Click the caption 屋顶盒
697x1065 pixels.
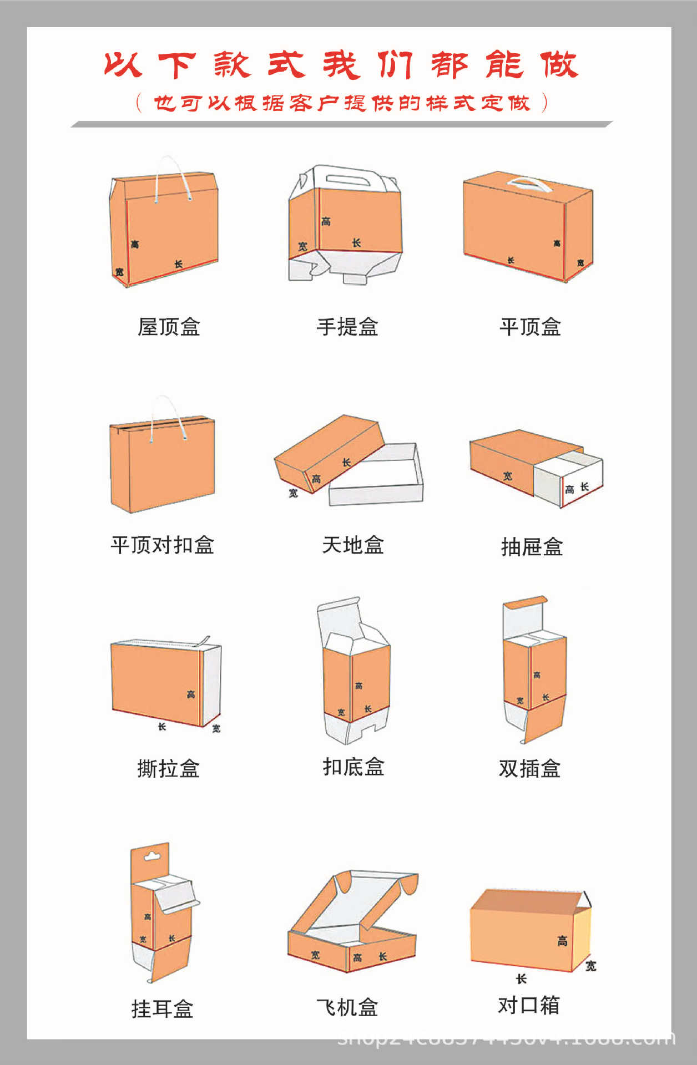tap(169, 327)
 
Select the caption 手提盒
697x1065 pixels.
tap(347, 327)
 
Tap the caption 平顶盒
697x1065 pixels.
tap(530, 327)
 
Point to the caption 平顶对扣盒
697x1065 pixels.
tap(162, 545)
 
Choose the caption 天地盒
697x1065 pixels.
tap(353, 545)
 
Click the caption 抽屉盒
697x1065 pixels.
tap(532, 547)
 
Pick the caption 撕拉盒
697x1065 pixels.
tap(168, 769)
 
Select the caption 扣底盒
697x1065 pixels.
tap(353, 767)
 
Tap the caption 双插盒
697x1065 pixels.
tap(529, 769)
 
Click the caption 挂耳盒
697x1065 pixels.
tap(162, 1009)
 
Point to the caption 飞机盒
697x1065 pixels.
tap(347, 1007)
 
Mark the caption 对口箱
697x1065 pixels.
tap(528, 1005)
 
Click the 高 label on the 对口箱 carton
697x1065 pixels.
tap(562, 941)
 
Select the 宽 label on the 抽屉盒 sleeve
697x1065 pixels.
tap(508, 476)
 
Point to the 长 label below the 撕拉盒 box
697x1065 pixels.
tap(161, 727)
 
